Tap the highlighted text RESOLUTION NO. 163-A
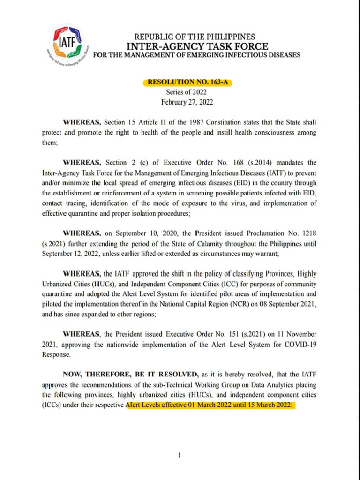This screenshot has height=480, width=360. [x=187, y=82]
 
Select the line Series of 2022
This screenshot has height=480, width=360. [x=186, y=92]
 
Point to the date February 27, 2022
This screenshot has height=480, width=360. [x=187, y=102]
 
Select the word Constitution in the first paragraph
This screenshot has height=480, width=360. [x=226, y=122]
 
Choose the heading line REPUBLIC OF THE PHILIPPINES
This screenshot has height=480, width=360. [x=195, y=37]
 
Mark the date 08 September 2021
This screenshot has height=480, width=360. [x=286, y=304]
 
